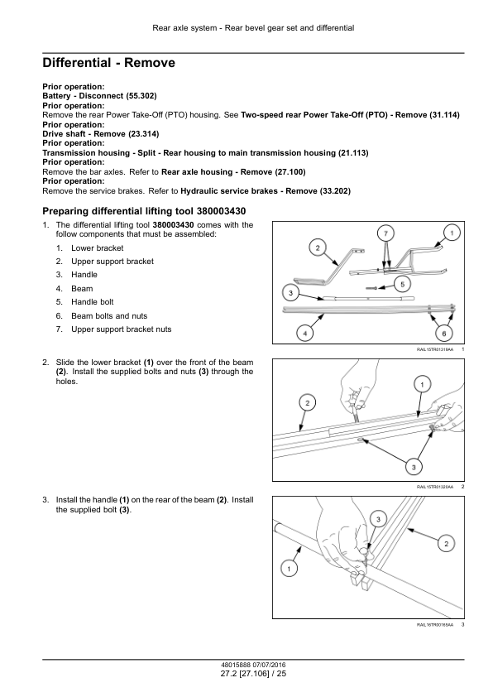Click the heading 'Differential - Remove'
point(109,63)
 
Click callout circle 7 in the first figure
point(385,233)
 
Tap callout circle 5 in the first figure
point(402,284)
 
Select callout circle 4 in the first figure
point(304,333)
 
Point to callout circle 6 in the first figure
point(443,333)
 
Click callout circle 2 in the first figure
point(318,248)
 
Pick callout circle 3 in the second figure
point(414,467)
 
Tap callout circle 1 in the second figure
point(422,384)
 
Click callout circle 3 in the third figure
point(378,519)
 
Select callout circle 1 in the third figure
point(290,569)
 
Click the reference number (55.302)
point(141,96)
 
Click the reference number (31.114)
point(444,115)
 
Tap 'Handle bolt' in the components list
point(93,302)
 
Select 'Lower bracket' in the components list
point(98,248)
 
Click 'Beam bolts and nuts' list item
point(109,316)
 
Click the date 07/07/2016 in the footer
point(270,666)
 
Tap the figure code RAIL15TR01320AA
point(435,488)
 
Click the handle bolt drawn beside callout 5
point(372,289)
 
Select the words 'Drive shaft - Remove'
point(84,134)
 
